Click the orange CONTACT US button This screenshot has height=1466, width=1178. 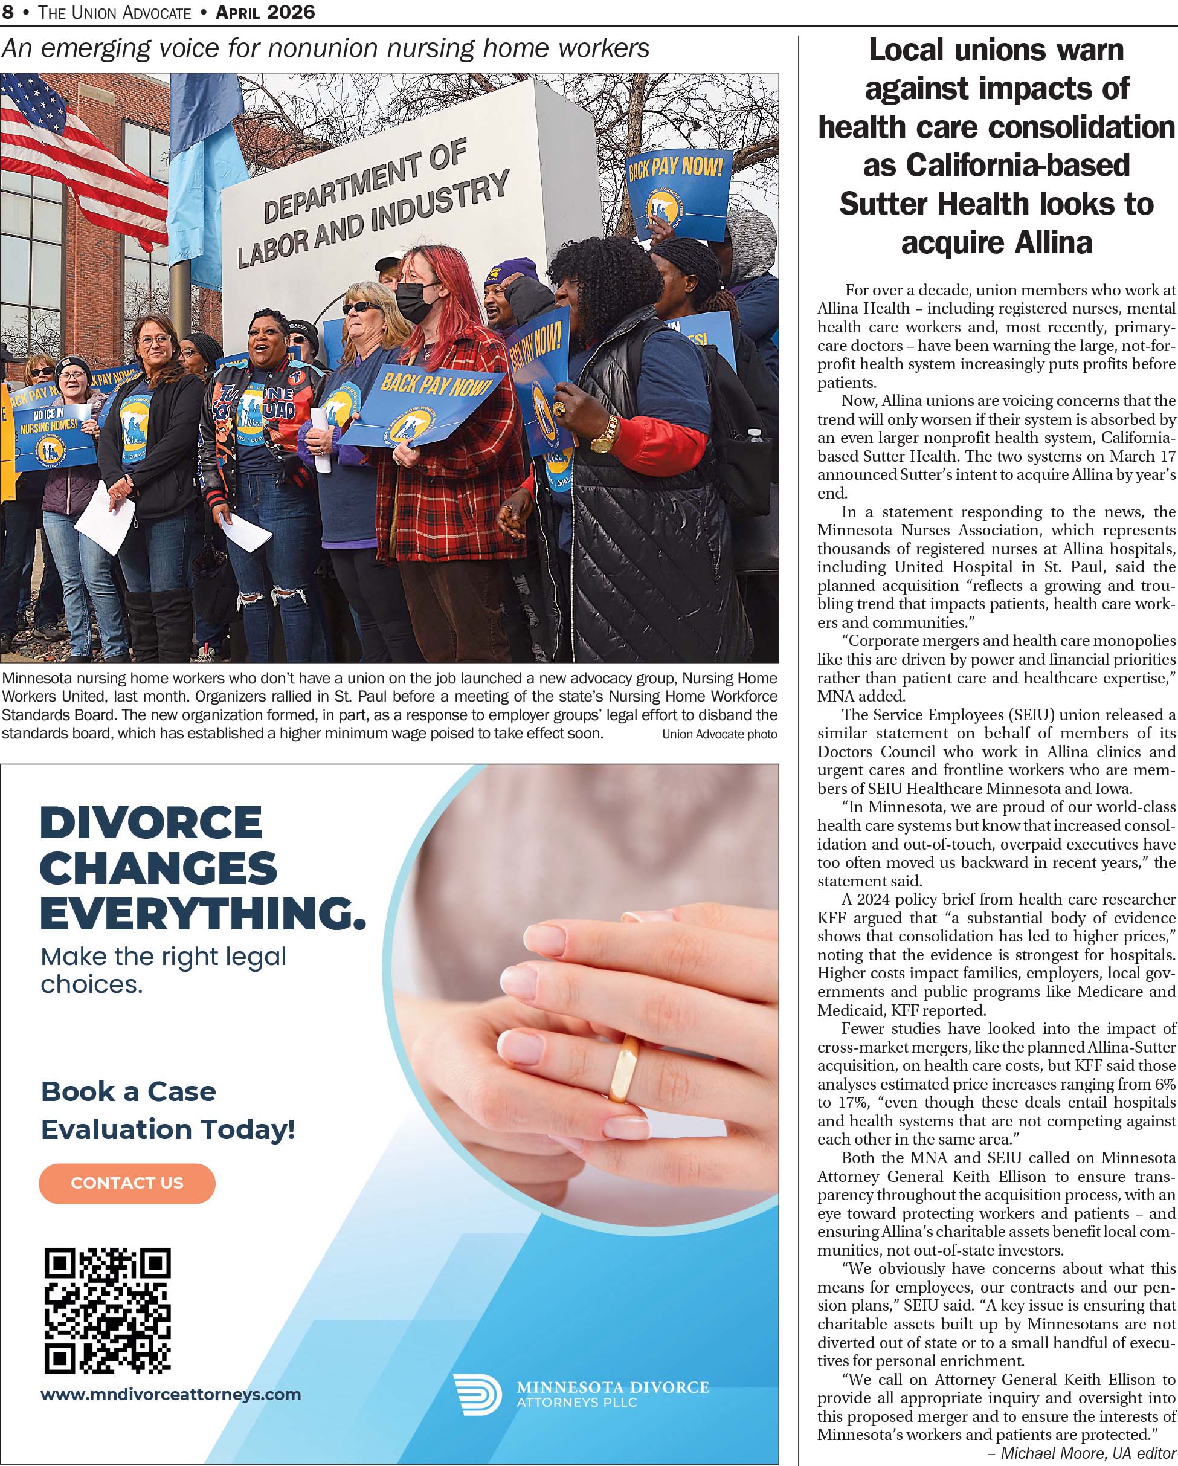[127, 1183]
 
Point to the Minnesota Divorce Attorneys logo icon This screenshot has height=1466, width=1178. [477, 1395]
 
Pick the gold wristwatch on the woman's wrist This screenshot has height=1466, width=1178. [603, 436]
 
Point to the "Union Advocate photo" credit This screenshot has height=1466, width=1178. [719, 734]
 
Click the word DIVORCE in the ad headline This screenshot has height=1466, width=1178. [151, 823]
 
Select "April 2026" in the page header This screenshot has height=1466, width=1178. [265, 11]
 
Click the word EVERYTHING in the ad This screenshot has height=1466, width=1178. [202, 912]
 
